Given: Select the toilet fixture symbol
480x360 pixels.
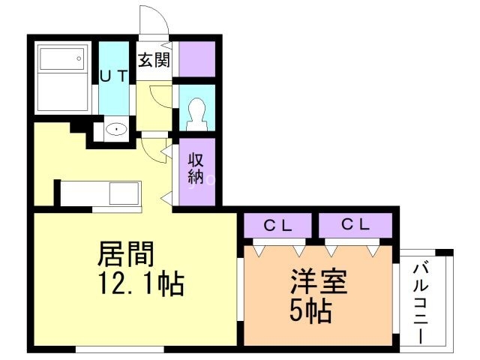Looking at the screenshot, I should [197, 109].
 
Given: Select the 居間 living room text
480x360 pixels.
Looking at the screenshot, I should [125, 256].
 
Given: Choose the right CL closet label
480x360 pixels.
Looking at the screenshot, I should [355, 223].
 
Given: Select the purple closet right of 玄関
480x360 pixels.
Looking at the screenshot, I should [196, 58].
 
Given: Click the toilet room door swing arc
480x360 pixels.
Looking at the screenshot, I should [160, 95].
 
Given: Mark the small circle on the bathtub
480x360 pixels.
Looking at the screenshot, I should [78, 58].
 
